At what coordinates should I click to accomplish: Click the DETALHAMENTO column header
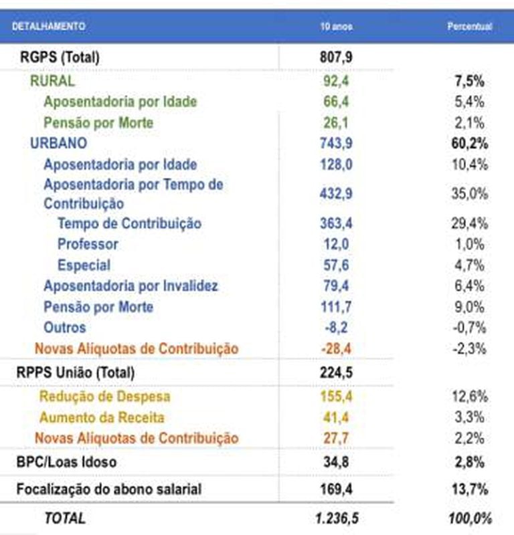pos(48,26)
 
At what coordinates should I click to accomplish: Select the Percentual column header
pos(469,26)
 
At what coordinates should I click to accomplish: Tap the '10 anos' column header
pos(336,26)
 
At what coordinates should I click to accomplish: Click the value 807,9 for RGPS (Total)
pos(336,57)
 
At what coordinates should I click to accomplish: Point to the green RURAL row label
pos(52,82)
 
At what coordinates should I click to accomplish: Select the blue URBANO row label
pos(58,144)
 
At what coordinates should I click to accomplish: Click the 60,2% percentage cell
pos(468,144)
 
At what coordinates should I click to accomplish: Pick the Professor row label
pos(88,244)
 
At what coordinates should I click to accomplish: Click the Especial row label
pos(84,265)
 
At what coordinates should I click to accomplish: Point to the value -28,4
pos(336,348)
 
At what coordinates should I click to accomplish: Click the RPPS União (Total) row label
pos(75,372)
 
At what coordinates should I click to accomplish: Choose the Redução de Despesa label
pos(104,397)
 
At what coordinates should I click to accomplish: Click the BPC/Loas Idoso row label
pos(66,462)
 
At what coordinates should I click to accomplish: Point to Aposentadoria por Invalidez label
pos(131,286)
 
